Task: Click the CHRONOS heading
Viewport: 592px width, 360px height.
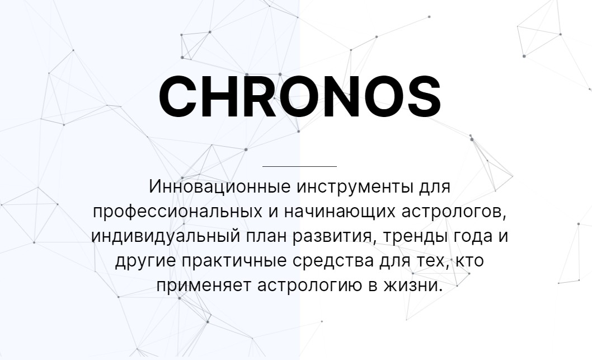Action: click(x=300, y=96)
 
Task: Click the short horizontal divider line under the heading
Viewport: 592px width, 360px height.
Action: click(x=299, y=166)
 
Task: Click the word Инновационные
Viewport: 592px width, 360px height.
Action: click(x=220, y=186)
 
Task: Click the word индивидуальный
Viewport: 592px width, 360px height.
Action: click(x=166, y=236)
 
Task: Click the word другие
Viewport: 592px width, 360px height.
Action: click(x=145, y=261)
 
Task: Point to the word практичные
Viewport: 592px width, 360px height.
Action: click(x=234, y=261)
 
